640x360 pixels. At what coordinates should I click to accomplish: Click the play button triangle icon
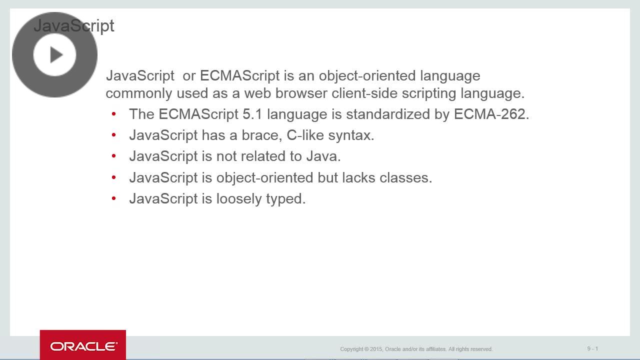coord(55,55)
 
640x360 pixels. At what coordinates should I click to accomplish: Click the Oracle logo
coord(83,346)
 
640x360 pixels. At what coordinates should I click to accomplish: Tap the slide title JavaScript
coord(74,26)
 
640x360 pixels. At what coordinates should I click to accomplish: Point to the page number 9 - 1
coord(592,348)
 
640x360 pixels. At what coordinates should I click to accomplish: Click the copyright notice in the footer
coord(416,349)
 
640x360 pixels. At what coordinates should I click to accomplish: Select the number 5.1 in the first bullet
coord(252,114)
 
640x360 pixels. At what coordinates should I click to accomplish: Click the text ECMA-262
coord(491,114)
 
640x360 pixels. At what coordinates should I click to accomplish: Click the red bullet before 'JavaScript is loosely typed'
coord(114,198)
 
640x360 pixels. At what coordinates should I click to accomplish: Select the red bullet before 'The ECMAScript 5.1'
coord(114,114)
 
